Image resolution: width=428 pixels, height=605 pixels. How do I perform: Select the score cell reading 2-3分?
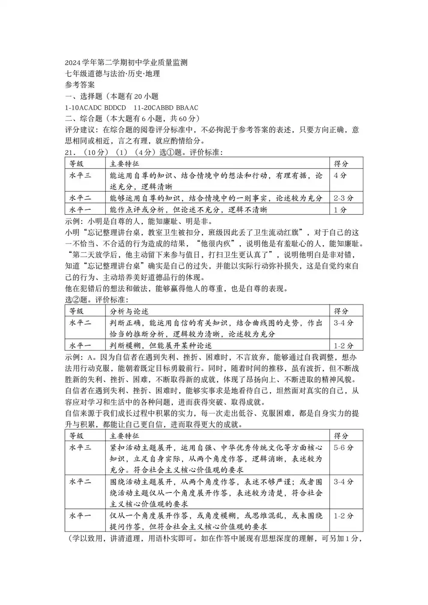tap(344, 198)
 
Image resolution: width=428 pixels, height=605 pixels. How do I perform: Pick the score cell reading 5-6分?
tap(344, 448)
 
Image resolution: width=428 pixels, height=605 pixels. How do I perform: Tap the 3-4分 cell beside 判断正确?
tap(344, 323)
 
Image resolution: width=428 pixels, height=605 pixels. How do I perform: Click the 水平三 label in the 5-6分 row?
tap(80, 448)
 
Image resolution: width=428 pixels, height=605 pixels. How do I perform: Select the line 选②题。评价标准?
tap(96, 300)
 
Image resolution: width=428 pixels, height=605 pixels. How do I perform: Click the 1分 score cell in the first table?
tap(340, 210)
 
